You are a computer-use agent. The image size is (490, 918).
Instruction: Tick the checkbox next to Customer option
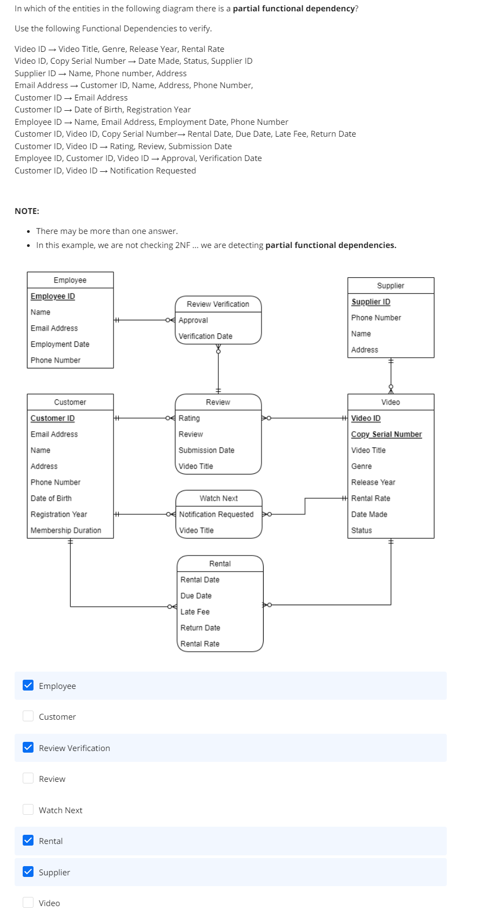[28, 716]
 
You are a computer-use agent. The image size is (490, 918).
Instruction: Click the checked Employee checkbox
[28, 685]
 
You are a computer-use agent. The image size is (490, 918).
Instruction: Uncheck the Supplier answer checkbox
[28, 872]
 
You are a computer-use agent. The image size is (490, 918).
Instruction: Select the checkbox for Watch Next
[28, 809]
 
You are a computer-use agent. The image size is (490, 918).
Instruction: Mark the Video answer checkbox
[28, 902]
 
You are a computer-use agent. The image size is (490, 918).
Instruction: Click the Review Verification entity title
[218, 304]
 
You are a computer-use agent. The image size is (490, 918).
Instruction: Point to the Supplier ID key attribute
[371, 302]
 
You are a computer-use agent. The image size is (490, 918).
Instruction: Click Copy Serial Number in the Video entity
[386, 434]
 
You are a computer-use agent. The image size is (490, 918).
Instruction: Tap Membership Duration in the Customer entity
[66, 531]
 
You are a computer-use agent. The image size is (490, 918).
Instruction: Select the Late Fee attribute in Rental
[195, 612]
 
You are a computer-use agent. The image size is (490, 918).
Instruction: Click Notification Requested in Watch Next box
[216, 514]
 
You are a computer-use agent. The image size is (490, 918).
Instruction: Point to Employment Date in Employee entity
[60, 344]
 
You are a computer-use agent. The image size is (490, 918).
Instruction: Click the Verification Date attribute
[205, 336]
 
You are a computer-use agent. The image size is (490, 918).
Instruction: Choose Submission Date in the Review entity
[206, 450]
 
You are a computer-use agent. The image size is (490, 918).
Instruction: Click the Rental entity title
[220, 564]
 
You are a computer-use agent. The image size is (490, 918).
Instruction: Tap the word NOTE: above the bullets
[27, 211]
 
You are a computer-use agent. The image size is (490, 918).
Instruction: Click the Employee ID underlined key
[53, 297]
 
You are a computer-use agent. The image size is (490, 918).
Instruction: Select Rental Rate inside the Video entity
[371, 498]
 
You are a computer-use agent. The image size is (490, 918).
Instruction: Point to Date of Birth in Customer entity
[51, 498]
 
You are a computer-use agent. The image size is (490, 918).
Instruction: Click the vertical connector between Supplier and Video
[391, 374]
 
